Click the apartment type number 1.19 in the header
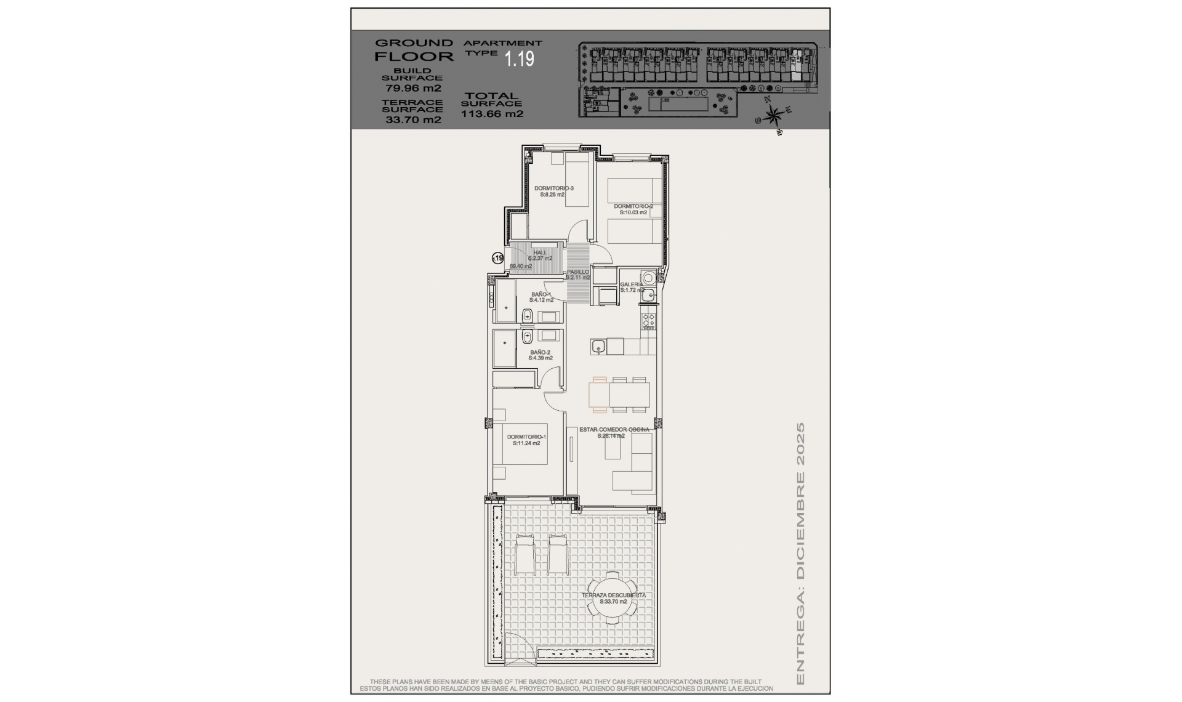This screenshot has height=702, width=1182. coord(519,59)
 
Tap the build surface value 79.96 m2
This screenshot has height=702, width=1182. coord(413,89)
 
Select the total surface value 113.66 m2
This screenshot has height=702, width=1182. coord(492,114)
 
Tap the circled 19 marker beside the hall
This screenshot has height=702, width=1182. coord(497,259)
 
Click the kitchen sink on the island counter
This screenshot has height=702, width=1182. coord(598,347)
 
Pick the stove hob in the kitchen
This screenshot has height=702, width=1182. coord(649,321)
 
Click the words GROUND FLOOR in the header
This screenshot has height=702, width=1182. coord(414,50)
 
